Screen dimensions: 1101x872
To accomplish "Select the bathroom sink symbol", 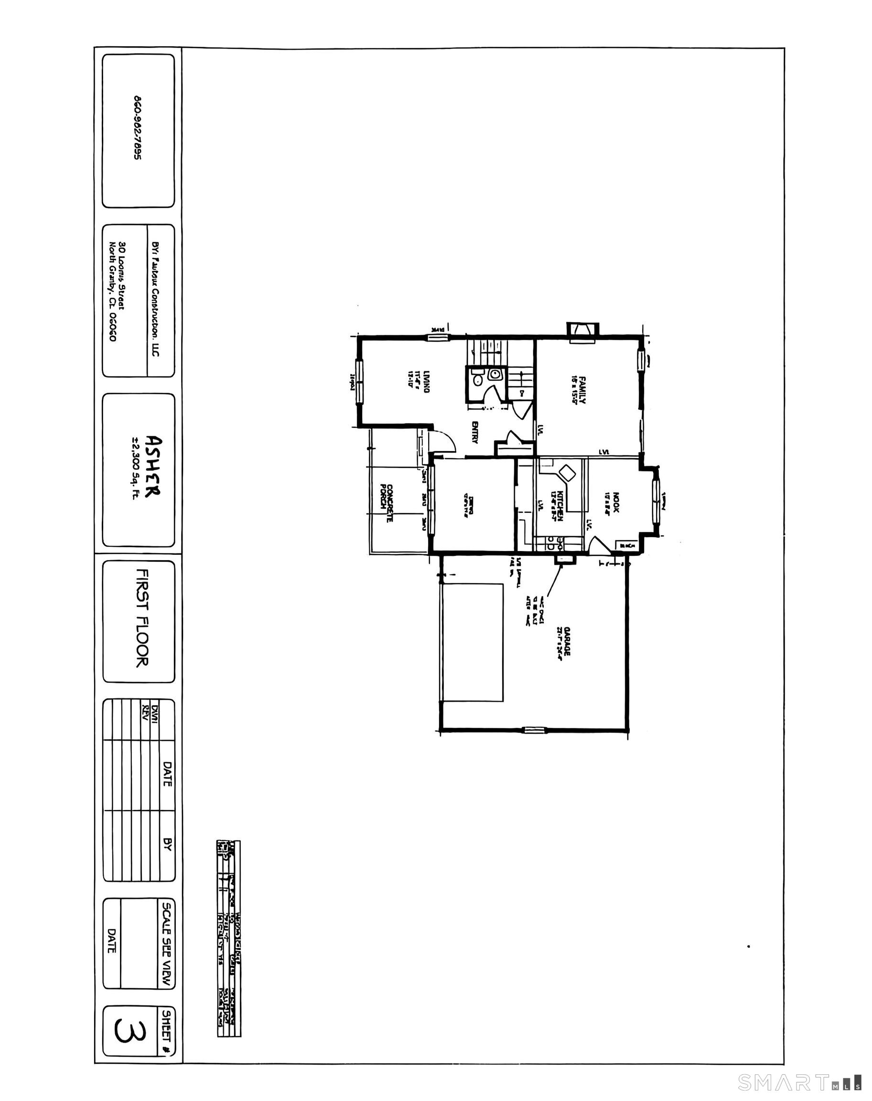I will point(494,374).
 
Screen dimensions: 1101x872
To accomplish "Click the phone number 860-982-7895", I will point(137,128).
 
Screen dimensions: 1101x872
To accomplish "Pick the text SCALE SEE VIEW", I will point(166,945).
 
